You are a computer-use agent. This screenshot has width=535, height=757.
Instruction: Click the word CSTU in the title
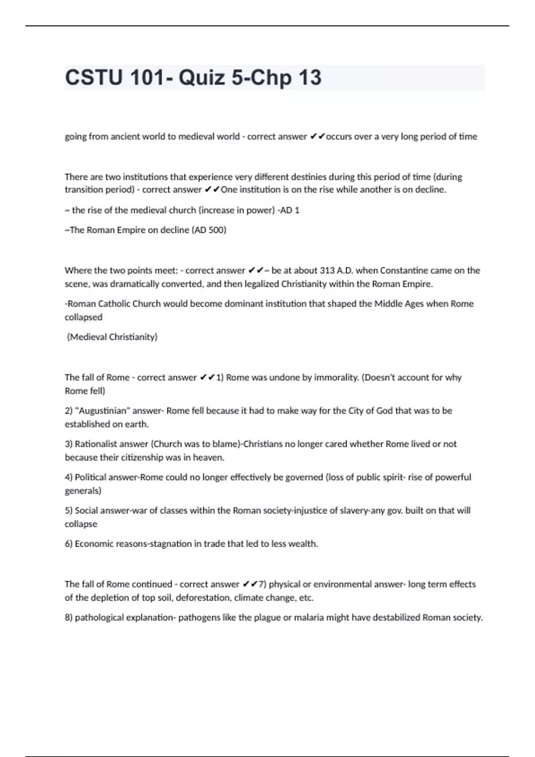[94, 77]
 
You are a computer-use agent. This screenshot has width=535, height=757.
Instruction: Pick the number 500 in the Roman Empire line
[215, 230]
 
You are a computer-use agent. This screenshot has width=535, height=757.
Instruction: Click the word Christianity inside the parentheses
[133, 337]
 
